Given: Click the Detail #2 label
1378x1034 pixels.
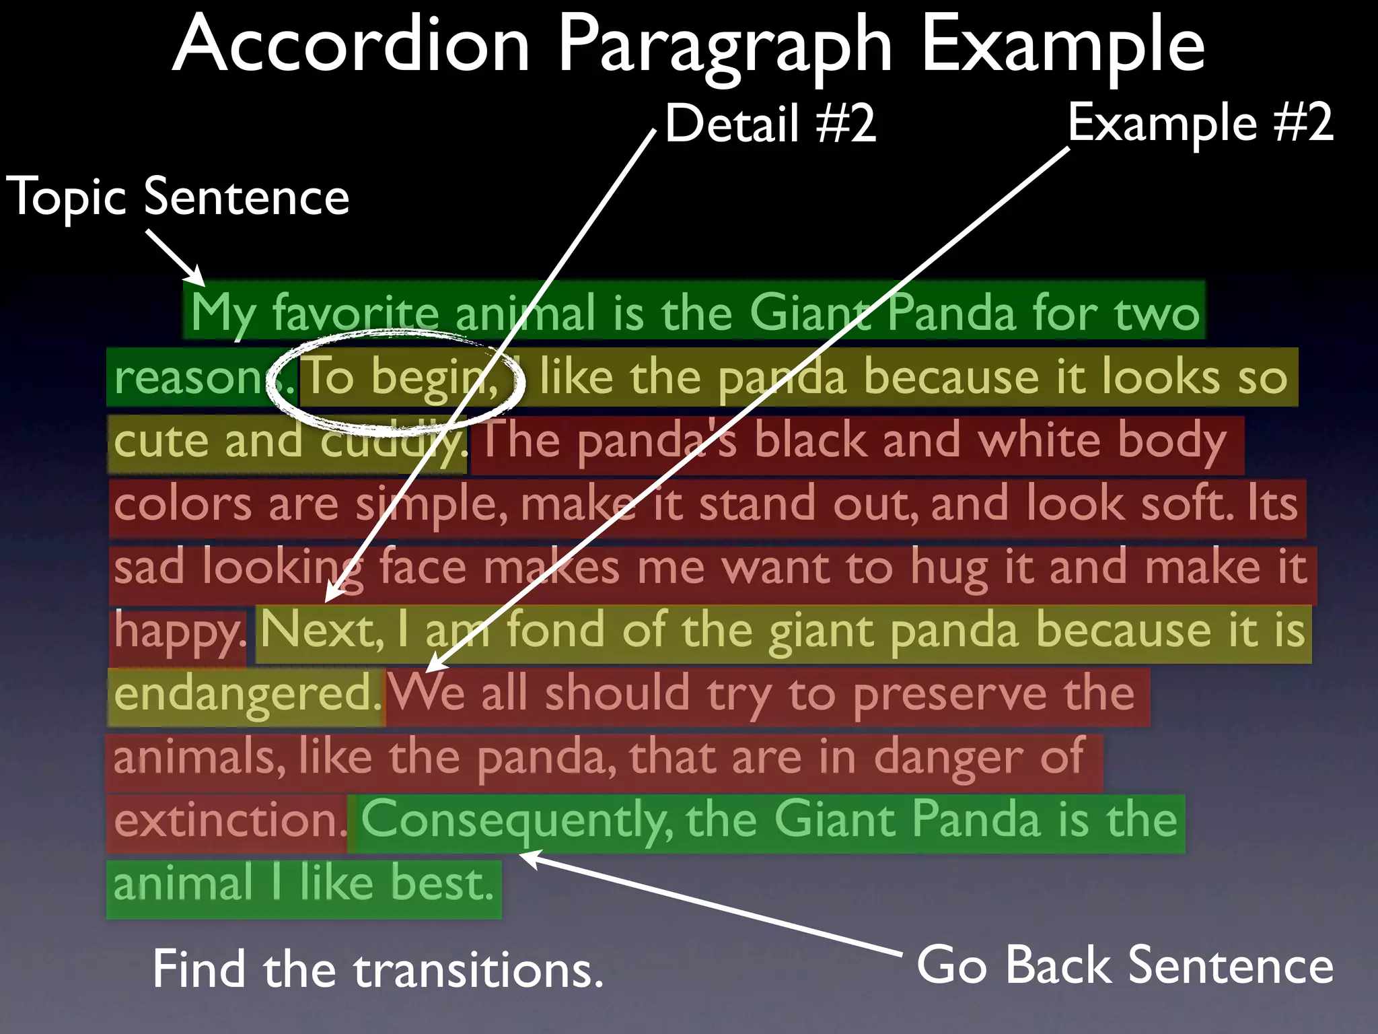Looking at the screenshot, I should pyautogui.click(x=770, y=124).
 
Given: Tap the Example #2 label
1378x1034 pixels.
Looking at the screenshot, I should pyautogui.click(x=1200, y=123).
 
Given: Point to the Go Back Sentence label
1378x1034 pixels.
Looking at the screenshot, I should pyautogui.click(x=1125, y=965).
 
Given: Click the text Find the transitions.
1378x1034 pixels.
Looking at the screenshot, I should pyautogui.click(x=377, y=970).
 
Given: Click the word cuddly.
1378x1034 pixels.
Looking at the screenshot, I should pyautogui.click(x=393, y=442).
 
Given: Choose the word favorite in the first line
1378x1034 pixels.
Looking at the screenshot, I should pyautogui.click(x=355, y=314).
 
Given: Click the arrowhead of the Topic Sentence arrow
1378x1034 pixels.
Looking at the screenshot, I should pyautogui.click(x=199, y=280).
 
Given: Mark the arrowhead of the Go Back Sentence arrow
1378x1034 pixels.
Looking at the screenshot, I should pyautogui.click(x=525, y=856).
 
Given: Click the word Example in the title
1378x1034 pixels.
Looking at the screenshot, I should pyautogui.click(x=1063, y=46).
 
